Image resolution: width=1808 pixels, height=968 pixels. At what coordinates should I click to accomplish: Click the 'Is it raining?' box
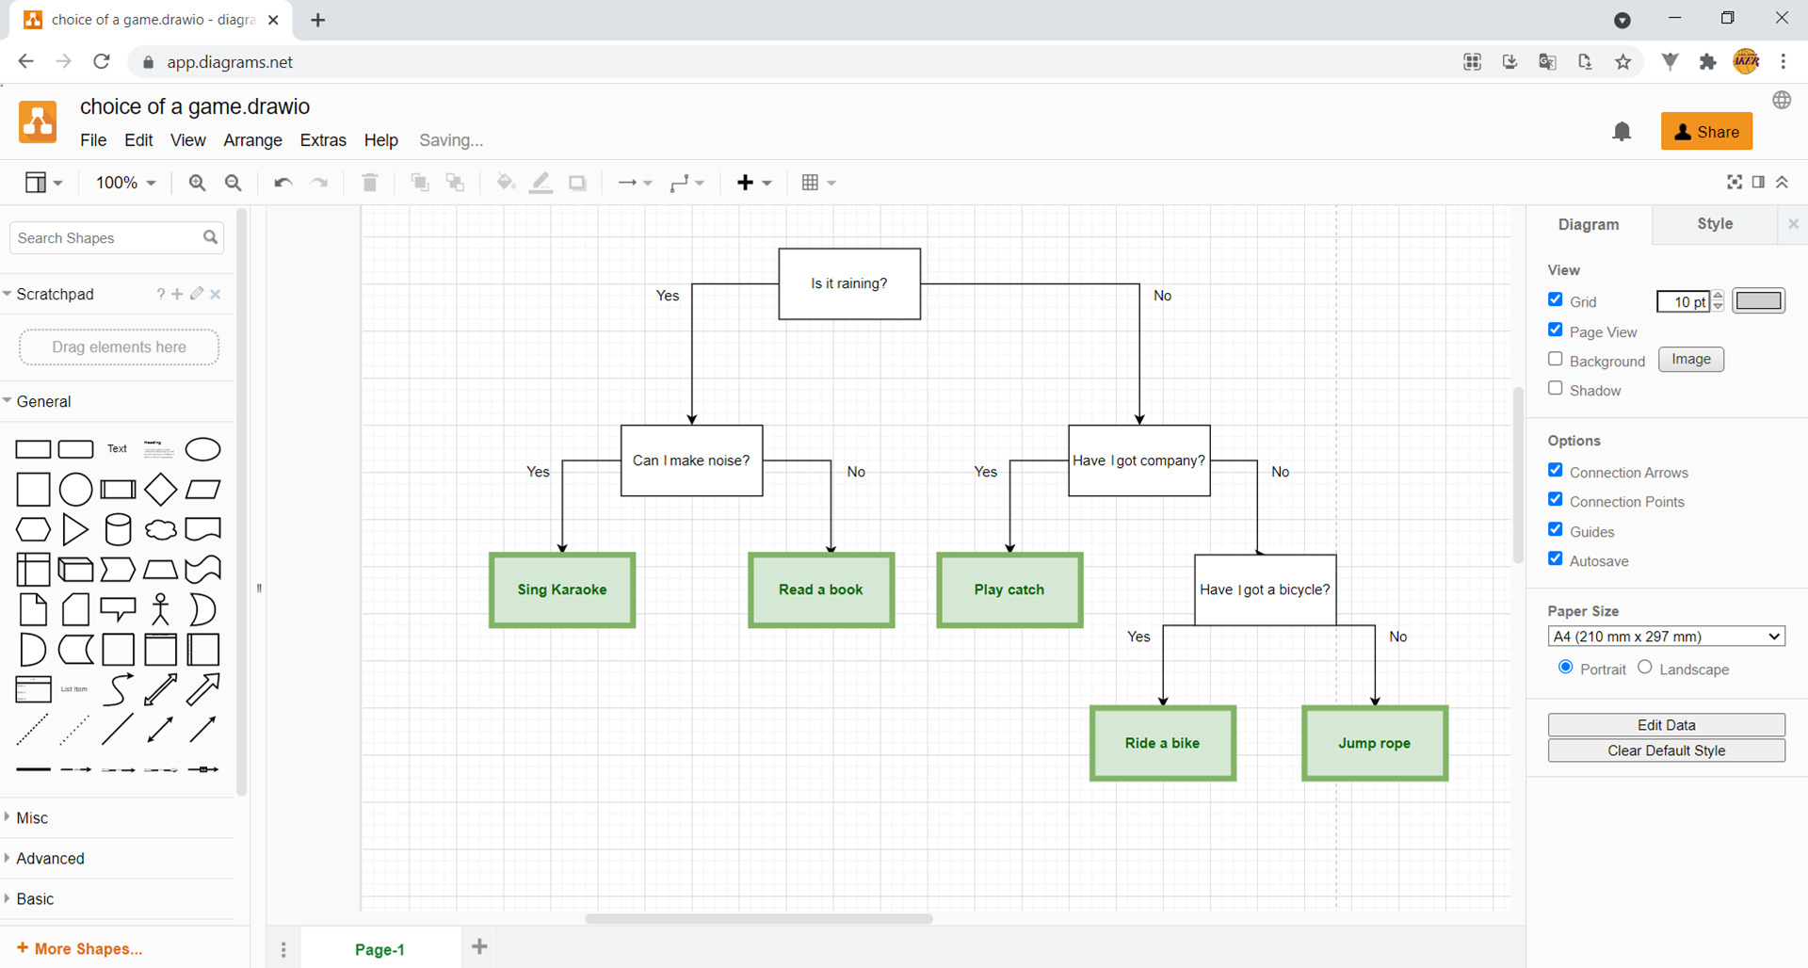pos(849,283)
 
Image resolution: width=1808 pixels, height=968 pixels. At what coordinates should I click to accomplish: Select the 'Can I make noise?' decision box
pos(691,460)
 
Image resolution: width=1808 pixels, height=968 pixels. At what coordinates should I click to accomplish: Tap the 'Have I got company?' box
pos(1139,460)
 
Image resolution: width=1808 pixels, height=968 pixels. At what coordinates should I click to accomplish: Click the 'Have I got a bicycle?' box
pos(1265,589)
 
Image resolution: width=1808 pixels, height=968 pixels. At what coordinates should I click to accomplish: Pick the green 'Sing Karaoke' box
pos(562,589)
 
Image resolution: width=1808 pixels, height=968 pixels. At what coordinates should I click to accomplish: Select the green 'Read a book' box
pos(821,589)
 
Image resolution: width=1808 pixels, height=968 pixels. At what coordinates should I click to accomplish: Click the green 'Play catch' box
pos(1009,589)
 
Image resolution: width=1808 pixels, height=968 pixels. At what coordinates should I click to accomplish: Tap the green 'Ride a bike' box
pos(1163,743)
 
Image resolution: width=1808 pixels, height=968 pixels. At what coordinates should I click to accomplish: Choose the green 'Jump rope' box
pos(1375,743)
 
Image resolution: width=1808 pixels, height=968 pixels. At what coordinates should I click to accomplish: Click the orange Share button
pos(1706,132)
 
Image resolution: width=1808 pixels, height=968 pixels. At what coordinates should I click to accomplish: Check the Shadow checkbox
pos(1556,388)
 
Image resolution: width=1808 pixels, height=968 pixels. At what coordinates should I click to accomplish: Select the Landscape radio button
pos(1645,667)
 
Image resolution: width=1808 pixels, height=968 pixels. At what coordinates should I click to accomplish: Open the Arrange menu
pos(252,140)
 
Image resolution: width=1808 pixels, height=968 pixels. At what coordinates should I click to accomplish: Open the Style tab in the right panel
pos(1715,224)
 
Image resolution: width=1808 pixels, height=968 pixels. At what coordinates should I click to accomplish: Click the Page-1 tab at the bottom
pos(379,949)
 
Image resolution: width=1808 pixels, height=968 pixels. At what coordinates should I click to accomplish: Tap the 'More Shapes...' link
pos(80,949)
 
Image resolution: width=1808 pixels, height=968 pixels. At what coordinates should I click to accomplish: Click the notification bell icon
pos(1622,132)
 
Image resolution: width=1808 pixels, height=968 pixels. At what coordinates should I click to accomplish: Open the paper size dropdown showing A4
pos(1666,637)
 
